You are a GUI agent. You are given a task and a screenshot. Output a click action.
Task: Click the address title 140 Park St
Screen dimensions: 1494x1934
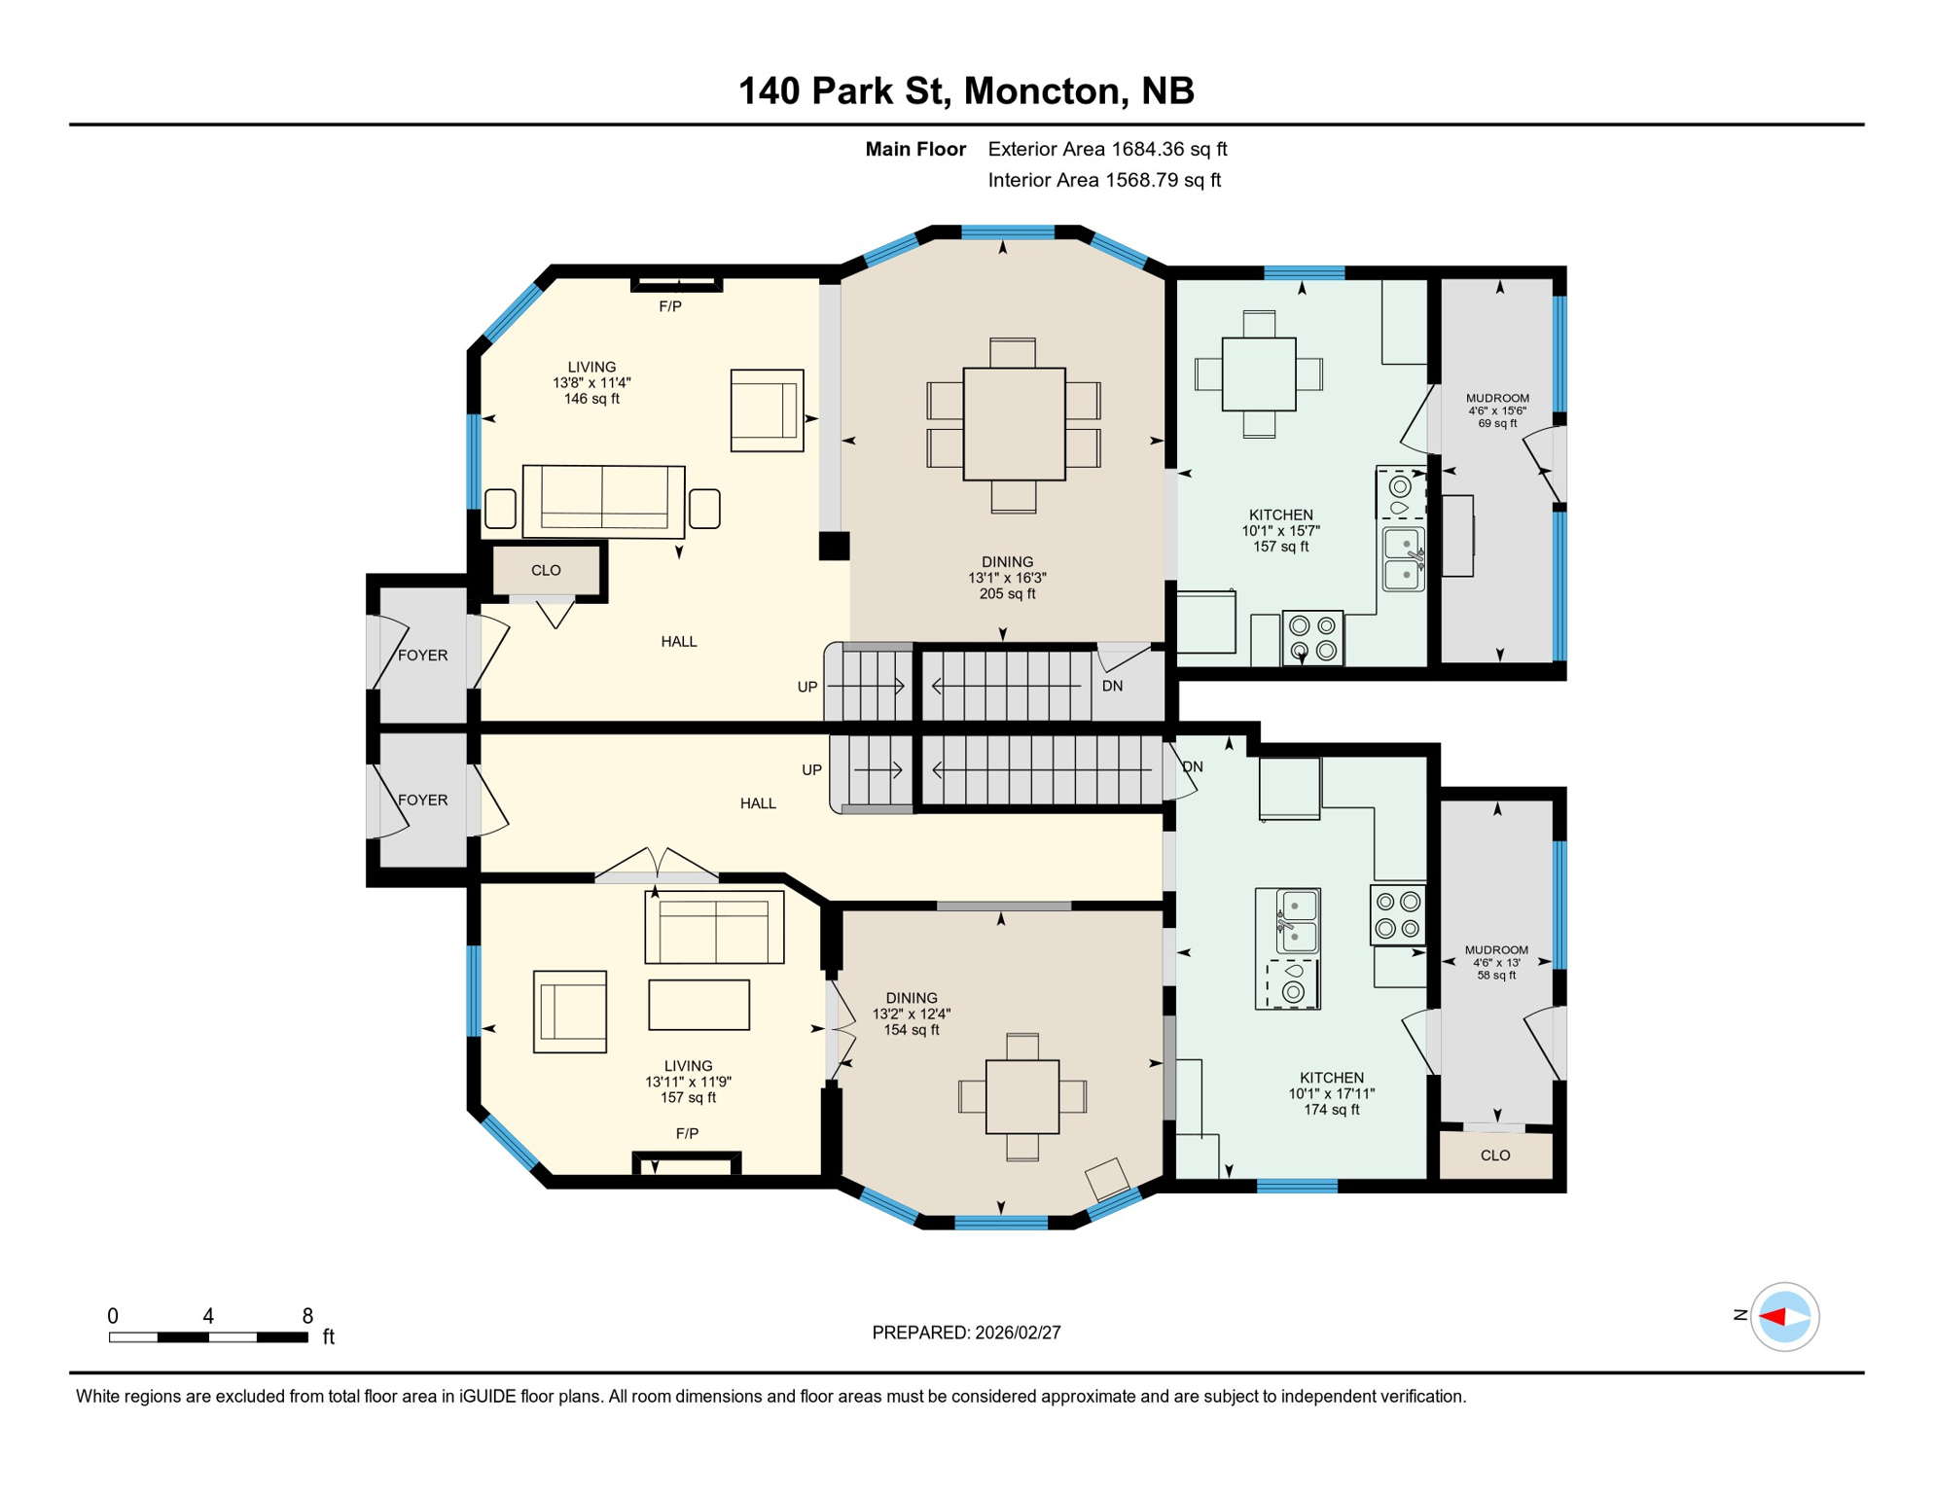coord(965,90)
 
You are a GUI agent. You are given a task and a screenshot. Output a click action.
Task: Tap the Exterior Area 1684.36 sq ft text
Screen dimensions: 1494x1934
coord(1107,149)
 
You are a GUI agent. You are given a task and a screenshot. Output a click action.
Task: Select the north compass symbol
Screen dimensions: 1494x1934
coord(1783,1317)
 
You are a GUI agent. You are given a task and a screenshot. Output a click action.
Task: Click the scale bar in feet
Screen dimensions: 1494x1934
coord(208,1337)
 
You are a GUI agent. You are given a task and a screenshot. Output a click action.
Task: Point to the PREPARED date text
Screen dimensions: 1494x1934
coord(965,1333)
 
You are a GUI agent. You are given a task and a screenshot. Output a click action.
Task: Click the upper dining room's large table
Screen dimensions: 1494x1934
coord(1014,423)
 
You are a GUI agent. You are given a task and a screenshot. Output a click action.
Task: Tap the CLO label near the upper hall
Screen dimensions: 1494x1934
coord(546,570)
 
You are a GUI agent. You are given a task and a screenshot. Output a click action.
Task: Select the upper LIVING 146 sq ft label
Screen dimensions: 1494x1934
coord(591,383)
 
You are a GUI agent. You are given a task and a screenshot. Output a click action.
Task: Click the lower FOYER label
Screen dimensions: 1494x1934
coord(422,800)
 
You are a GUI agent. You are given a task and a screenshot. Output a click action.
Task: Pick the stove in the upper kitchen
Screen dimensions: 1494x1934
coord(1312,638)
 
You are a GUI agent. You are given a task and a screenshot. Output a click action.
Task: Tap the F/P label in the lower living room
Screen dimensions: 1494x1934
coord(687,1133)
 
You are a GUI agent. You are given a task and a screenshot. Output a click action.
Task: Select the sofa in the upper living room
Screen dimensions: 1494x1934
coord(603,501)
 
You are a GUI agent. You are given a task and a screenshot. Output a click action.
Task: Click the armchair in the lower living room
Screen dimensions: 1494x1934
coord(570,1012)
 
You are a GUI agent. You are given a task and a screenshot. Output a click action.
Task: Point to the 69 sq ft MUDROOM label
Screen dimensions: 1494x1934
coord(1497,410)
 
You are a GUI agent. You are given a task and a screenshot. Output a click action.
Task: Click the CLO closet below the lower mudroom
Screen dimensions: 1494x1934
coord(1495,1156)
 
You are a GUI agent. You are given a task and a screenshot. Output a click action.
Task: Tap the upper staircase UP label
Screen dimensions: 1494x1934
coord(806,687)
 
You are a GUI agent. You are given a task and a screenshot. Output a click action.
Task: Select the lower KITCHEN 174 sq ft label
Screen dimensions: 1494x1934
coord(1331,1093)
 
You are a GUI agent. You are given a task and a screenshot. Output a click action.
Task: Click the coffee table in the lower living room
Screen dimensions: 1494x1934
coord(698,1005)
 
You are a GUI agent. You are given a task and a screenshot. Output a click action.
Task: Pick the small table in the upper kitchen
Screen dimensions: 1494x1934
coord(1259,373)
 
